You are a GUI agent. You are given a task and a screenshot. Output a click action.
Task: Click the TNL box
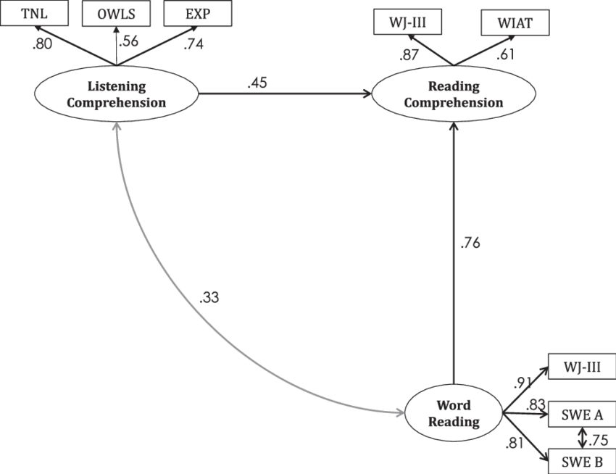pos(30,13)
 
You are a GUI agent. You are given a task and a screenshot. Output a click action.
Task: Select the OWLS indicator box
pos(116,12)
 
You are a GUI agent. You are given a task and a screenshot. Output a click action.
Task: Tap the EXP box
pos(198,13)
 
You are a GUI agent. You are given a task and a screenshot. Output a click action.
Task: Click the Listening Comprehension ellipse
pos(117,94)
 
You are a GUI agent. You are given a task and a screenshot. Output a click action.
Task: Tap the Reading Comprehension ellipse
pos(454,95)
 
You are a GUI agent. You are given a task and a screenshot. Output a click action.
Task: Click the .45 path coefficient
pos(257,83)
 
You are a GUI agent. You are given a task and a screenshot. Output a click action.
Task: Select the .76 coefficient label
pos(470,244)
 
